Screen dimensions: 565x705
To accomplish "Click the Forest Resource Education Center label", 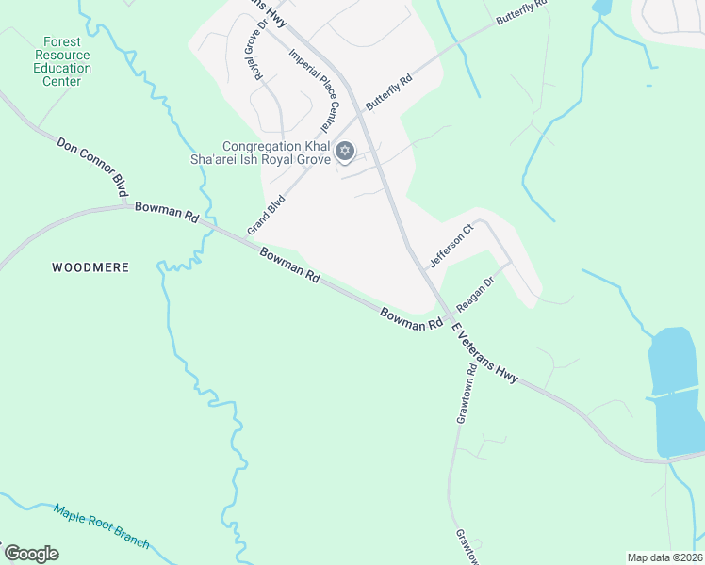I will (x=62, y=61).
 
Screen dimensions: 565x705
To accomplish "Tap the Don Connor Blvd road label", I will (x=91, y=168).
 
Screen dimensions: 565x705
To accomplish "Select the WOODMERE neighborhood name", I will (x=90, y=268).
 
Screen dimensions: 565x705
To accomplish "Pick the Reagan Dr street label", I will (x=475, y=294).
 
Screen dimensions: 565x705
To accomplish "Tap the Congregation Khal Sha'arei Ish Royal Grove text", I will (x=276, y=153).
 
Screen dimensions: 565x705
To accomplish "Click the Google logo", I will (x=31, y=554).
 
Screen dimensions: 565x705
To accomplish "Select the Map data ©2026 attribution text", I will (x=664, y=557).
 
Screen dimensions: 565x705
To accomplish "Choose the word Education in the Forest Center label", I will (x=62, y=68).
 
